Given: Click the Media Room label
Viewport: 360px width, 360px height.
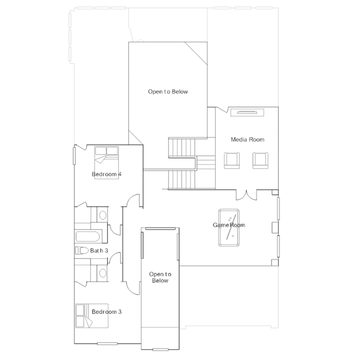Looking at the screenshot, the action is [247, 139].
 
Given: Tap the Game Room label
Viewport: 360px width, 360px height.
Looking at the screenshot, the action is [229, 225].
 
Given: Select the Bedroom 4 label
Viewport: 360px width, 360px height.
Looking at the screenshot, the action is [106, 174].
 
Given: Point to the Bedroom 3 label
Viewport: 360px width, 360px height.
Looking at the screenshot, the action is [106, 312].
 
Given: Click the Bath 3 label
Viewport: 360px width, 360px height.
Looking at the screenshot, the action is [99, 251].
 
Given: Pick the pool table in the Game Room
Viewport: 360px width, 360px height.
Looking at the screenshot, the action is [229, 228].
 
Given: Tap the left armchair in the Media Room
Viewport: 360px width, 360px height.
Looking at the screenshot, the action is [232, 160].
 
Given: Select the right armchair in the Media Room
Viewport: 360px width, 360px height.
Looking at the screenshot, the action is [260, 160].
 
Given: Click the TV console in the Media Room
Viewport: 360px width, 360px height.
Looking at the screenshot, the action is [247, 113].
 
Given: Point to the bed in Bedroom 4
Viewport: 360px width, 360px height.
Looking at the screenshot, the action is [106, 163].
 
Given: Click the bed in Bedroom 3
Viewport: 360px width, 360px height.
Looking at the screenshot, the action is [92, 315].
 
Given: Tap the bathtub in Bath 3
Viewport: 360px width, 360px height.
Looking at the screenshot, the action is [88, 236].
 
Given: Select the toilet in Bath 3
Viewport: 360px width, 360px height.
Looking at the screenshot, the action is [82, 251].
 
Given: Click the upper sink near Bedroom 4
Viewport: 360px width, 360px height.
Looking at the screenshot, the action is [103, 215].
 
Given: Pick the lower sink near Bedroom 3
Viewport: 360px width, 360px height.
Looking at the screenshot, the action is [103, 273].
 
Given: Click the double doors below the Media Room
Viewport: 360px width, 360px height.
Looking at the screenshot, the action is [246, 195].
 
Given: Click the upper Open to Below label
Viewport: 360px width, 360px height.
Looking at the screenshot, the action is [168, 92].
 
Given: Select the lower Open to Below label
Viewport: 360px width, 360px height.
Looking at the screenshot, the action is [160, 277].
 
